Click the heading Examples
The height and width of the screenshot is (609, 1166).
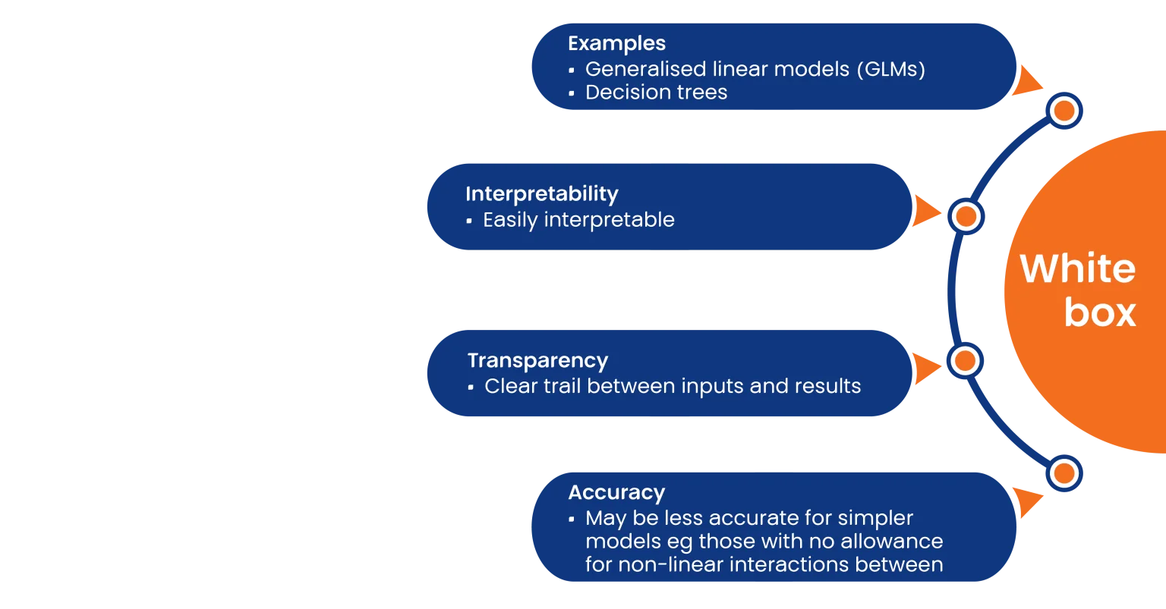[x=616, y=44]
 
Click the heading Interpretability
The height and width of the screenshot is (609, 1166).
[x=542, y=194]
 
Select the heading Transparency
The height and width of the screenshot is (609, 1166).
[x=537, y=361]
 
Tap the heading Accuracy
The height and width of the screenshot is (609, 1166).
[x=616, y=492]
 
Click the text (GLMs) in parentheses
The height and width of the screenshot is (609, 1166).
[x=891, y=69]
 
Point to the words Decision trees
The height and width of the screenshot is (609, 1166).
[x=657, y=92]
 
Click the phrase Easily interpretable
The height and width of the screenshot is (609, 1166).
[x=579, y=220]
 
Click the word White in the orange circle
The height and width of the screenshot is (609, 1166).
[x=1077, y=268]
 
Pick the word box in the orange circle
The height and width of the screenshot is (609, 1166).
[x=1100, y=312]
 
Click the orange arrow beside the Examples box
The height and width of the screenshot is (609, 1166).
[x=1026, y=80]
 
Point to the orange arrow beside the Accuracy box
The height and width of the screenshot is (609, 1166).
[x=1026, y=502]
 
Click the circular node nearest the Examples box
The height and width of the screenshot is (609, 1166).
[x=1064, y=111]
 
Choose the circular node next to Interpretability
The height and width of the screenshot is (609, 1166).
[x=966, y=216]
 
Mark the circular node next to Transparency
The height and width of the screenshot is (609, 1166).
[x=965, y=361]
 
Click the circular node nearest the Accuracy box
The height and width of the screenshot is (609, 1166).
[x=1064, y=474]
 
